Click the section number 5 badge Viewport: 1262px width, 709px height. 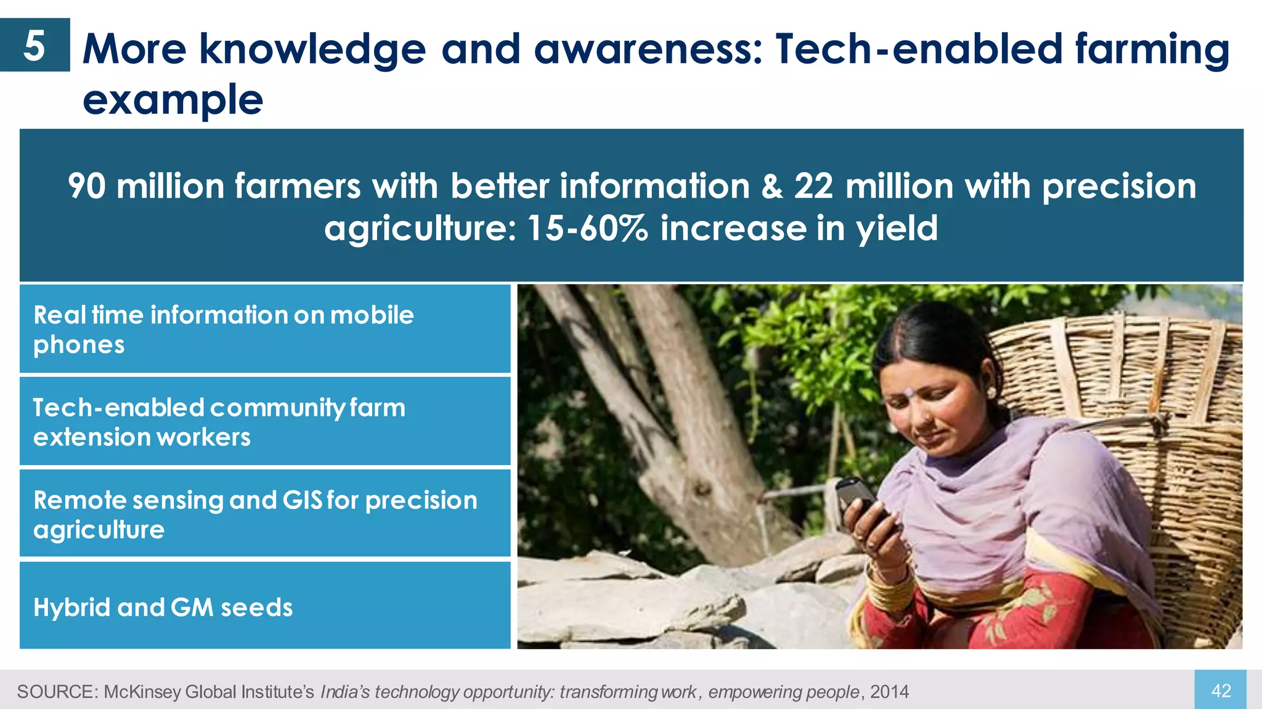[35, 46]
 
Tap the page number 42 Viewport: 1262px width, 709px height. [1221, 691]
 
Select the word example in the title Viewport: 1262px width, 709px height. [173, 100]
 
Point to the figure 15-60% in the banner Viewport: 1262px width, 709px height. [587, 229]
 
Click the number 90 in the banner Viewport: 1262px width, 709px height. [86, 186]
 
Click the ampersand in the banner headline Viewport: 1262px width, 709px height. [771, 186]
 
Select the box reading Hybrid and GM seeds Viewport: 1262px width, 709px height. [265, 606]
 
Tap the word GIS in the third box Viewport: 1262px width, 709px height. [302, 500]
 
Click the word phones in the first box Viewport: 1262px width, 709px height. [79, 345]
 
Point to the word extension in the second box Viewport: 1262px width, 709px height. [83, 437]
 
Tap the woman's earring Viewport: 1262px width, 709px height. [991, 392]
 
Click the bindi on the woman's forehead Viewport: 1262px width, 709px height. [908, 392]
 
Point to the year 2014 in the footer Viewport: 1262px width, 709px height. [889, 692]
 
